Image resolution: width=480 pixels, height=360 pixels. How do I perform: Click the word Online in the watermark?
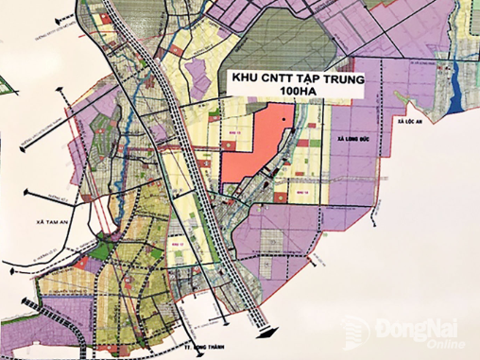point(440,345)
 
